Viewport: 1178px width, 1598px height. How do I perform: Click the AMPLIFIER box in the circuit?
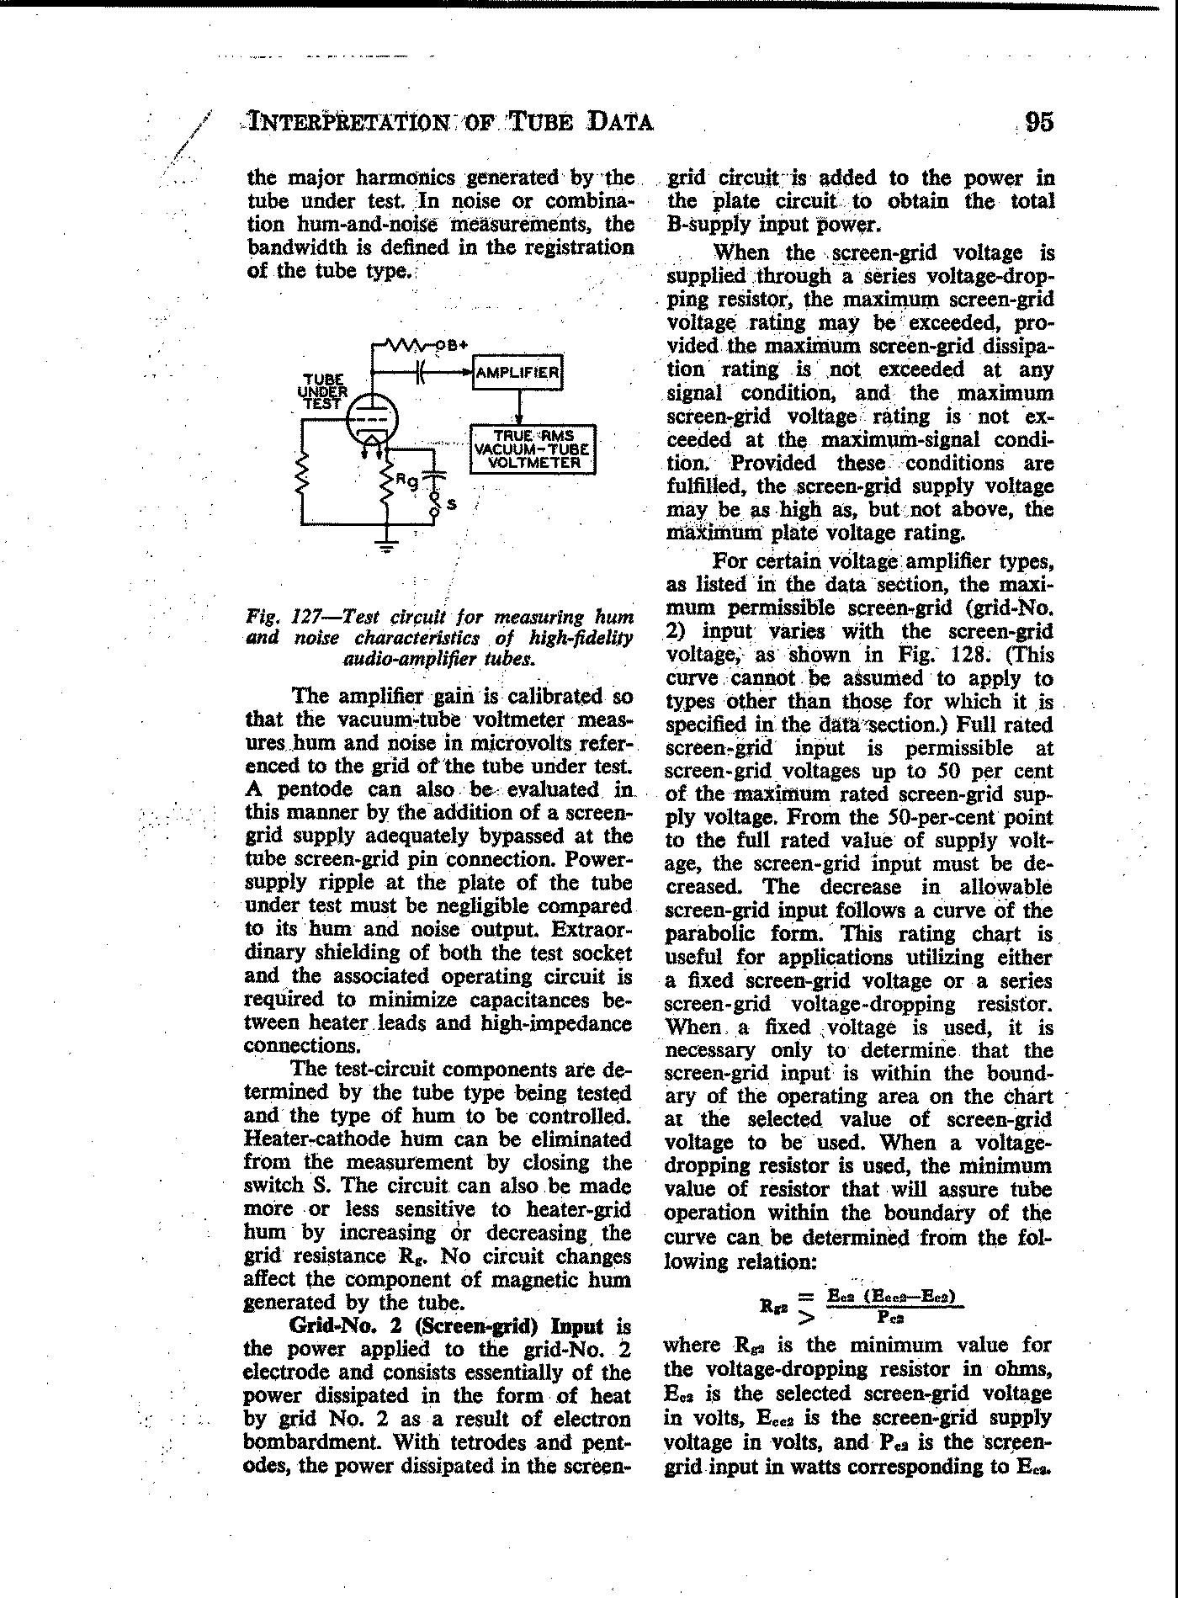518,373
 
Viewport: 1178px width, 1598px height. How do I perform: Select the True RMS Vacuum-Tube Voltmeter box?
533,449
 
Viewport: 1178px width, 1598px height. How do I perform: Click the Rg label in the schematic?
407,481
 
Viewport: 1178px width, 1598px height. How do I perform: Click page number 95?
1039,123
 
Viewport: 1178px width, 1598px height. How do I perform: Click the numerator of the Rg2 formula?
894,1295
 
